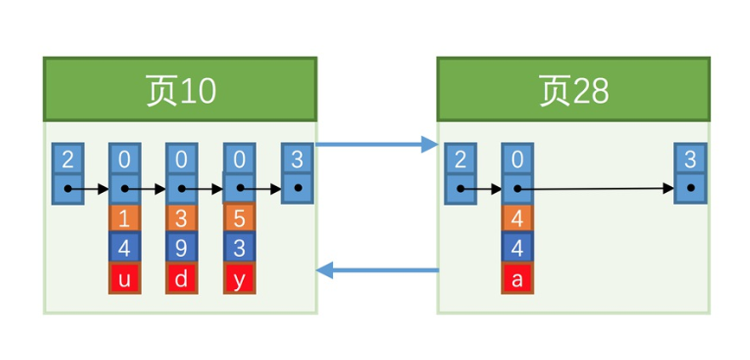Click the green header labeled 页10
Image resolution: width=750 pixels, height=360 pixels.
[180, 90]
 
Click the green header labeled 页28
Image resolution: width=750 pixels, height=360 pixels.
[574, 90]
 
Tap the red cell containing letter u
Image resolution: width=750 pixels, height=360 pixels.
[124, 278]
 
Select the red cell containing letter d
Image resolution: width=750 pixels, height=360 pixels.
[181, 278]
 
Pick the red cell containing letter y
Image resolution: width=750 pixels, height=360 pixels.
[239, 278]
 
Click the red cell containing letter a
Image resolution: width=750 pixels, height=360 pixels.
[516, 278]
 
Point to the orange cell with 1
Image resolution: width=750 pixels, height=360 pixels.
[124, 217]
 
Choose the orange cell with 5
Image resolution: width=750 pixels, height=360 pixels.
[239, 217]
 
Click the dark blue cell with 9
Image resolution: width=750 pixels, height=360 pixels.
[181, 247]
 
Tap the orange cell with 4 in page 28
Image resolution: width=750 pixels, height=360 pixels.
[516, 217]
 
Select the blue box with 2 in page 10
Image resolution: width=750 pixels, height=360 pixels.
[67, 161]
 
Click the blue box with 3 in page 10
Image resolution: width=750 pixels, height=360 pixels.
[297, 161]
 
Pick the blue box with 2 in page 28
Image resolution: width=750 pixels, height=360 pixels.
[460, 161]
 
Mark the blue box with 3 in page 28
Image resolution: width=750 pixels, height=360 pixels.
[690, 161]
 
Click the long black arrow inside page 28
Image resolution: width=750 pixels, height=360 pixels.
[597, 188]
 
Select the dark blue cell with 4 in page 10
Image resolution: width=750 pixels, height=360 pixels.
[124, 247]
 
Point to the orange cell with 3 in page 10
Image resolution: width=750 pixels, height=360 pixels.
[181, 217]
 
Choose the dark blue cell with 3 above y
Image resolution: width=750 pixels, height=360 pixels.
[239, 247]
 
